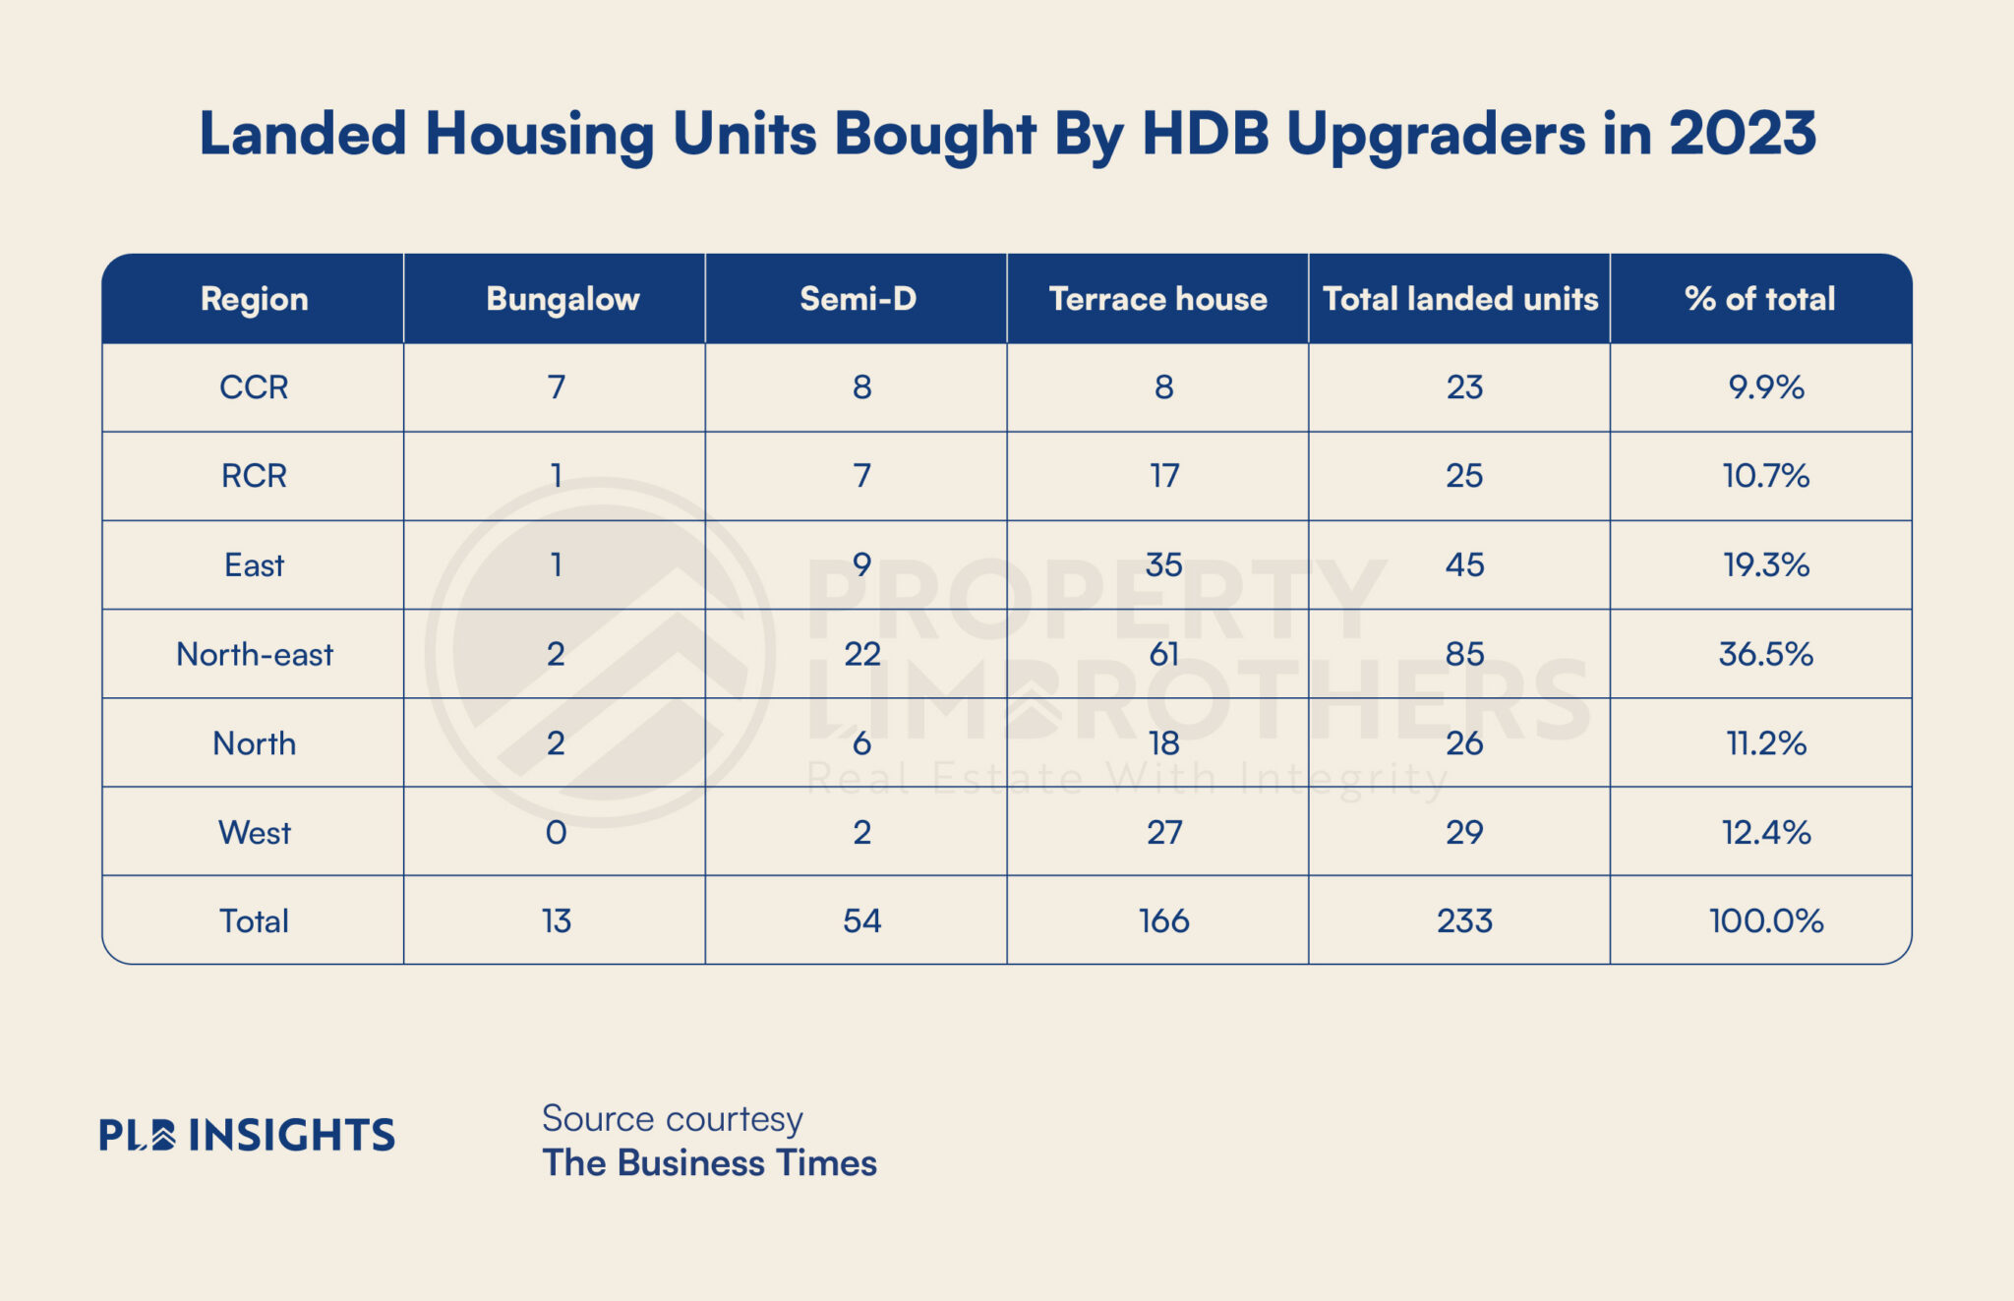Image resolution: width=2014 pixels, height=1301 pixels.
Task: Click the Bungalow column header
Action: (563, 299)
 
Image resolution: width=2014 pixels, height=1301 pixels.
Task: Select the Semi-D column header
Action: (858, 299)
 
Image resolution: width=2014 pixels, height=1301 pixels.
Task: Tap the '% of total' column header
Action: (1759, 299)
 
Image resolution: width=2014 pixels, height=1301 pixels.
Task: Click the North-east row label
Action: (255, 655)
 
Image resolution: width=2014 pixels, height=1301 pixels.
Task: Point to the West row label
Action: (255, 833)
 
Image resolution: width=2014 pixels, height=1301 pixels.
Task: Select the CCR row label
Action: (254, 387)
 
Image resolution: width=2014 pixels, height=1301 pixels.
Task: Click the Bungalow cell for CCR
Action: (557, 387)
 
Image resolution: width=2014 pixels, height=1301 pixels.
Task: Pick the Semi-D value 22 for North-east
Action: (861, 655)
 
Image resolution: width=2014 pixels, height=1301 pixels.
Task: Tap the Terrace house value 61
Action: (1163, 655)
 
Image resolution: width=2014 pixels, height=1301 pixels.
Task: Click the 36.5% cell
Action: (1765, 655)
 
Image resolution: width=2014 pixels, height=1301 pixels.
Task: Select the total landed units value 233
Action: (1464, 921)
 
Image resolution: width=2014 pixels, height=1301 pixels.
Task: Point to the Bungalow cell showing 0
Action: (557, 833)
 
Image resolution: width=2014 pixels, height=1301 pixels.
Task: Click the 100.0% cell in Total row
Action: (1765, 921)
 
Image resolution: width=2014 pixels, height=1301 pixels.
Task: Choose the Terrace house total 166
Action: (1163, 921)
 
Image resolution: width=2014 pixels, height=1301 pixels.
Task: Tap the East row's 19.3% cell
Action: (1765, 565)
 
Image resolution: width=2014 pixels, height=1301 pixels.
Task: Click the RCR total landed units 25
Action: (1464, 477)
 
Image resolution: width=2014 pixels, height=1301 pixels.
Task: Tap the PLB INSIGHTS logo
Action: (247, 1136)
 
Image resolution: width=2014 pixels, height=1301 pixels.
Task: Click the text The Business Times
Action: (709, 1163)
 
